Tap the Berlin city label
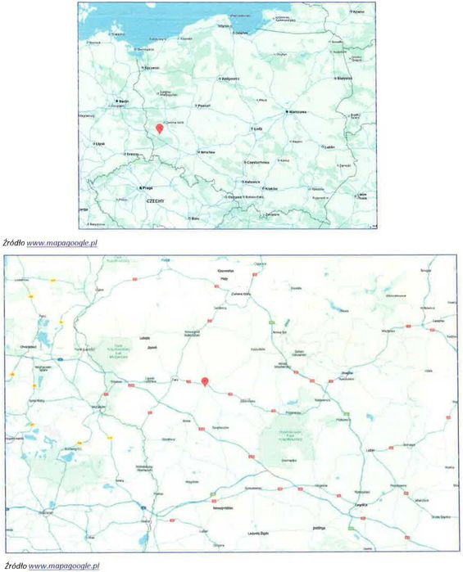pyautogui.click(x=125, y=101)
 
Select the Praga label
pyautogui.click(x=148, y=187)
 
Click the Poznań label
pyautogui.click(x=205, y=106)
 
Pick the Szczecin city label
pyautogui.click(x=150, y=68)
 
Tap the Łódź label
pyautogui.click(x=257, y=128)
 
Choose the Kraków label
pyautogui.click(x=271, y=188)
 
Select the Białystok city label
pyautogui.click(x=344, y=79)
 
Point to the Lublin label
pyautogui.click(x=329, y=147)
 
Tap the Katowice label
pyautogui.click(x=250, y=182)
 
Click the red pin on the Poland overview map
pyautogui.click(x=160, y=128)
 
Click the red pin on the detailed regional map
pyautogui.click(x=206, y=380)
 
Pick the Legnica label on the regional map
pyautogui.click(x=357, y=506)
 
